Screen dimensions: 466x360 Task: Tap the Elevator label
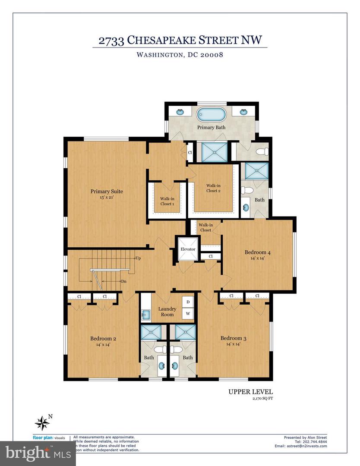(188, 249)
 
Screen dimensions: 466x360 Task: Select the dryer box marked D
(188, 302)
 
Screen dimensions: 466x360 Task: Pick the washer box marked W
(188, 314)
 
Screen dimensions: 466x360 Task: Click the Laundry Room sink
(145, 315)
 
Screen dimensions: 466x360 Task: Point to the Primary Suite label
(107, 191)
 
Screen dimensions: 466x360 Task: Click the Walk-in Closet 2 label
(214, 188)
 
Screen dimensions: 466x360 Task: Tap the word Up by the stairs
(138, 258)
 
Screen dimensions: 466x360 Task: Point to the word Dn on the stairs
(123, 281)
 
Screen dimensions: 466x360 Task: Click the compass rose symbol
(42, 422)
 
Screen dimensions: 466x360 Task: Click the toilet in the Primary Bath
(262, 152)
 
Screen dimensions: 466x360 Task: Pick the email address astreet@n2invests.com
(300, 447)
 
